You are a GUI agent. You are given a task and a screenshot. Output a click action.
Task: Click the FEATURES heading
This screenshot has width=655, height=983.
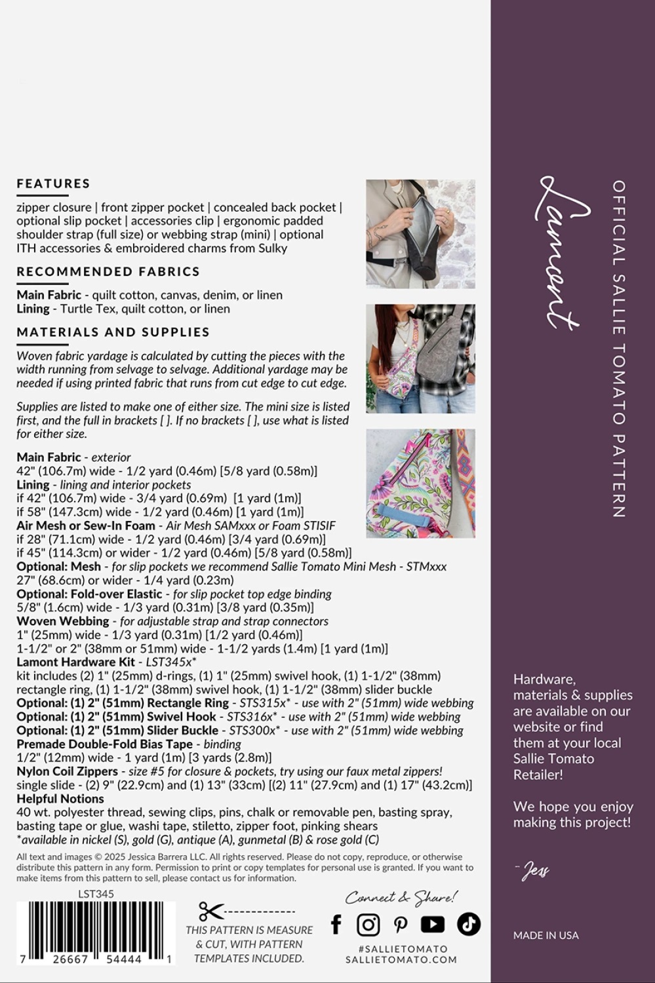54,183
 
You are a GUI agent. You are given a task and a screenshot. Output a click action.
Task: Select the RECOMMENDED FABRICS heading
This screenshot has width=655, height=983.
108,271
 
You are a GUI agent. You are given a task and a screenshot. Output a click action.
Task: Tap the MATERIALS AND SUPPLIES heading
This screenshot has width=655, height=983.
113,332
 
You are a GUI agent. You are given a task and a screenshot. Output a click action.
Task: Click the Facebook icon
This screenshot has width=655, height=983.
336,924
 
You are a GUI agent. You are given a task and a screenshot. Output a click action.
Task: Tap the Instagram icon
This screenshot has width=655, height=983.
368,924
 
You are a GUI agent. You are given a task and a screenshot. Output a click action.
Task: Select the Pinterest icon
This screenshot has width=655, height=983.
400,924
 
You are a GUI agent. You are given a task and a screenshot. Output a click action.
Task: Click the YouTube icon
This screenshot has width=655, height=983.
433,924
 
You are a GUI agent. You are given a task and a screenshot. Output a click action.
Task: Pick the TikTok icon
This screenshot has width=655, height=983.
468,924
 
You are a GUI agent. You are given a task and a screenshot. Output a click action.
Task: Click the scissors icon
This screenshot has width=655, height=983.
211,911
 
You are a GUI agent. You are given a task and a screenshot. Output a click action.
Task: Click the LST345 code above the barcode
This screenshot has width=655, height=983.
96,893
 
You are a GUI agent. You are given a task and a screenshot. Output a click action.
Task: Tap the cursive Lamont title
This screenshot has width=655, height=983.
563,252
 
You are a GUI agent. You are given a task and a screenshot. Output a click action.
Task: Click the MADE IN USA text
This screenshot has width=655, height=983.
546,935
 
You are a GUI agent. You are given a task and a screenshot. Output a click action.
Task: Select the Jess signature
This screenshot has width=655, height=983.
533,870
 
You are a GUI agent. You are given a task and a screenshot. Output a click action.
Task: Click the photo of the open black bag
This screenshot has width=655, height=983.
420,234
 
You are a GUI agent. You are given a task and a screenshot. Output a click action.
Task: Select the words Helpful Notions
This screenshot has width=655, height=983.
60,799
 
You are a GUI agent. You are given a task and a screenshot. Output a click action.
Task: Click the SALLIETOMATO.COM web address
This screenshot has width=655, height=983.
401,959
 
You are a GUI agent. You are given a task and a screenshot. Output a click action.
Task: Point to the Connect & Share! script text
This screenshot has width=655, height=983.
401,897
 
